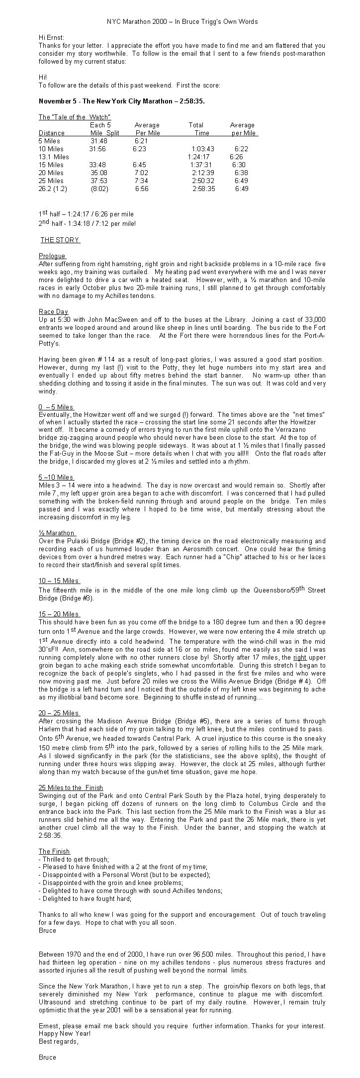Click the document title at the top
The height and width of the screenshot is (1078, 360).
click(182, 22)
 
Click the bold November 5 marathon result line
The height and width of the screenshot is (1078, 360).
click(121, 101)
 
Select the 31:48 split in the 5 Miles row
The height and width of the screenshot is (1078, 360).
click(99, 141)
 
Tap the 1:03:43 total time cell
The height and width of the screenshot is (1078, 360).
click(203, 149)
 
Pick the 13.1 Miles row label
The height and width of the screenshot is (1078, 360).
click(54, 157)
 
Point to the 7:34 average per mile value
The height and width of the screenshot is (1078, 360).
click(141, 181)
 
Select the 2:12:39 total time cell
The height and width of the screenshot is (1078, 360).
click(203, 173)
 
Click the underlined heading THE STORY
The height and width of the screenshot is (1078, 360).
click(60, 240)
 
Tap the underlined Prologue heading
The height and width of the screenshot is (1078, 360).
click(52, 256)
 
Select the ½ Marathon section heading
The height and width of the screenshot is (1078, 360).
click(57, 533)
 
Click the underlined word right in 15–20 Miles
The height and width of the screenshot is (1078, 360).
click(299, 657)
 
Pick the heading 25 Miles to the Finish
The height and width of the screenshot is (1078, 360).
click(71, 787)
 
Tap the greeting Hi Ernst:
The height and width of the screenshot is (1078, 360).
click(51, 37)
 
